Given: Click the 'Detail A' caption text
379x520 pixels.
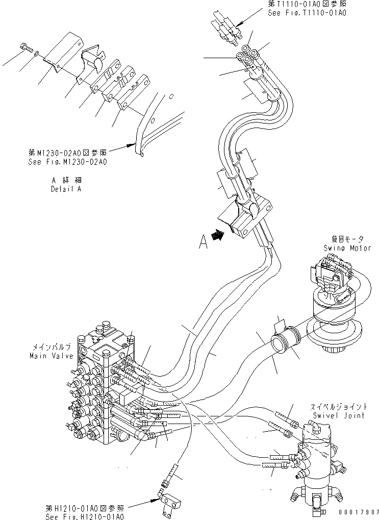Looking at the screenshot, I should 66,188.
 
